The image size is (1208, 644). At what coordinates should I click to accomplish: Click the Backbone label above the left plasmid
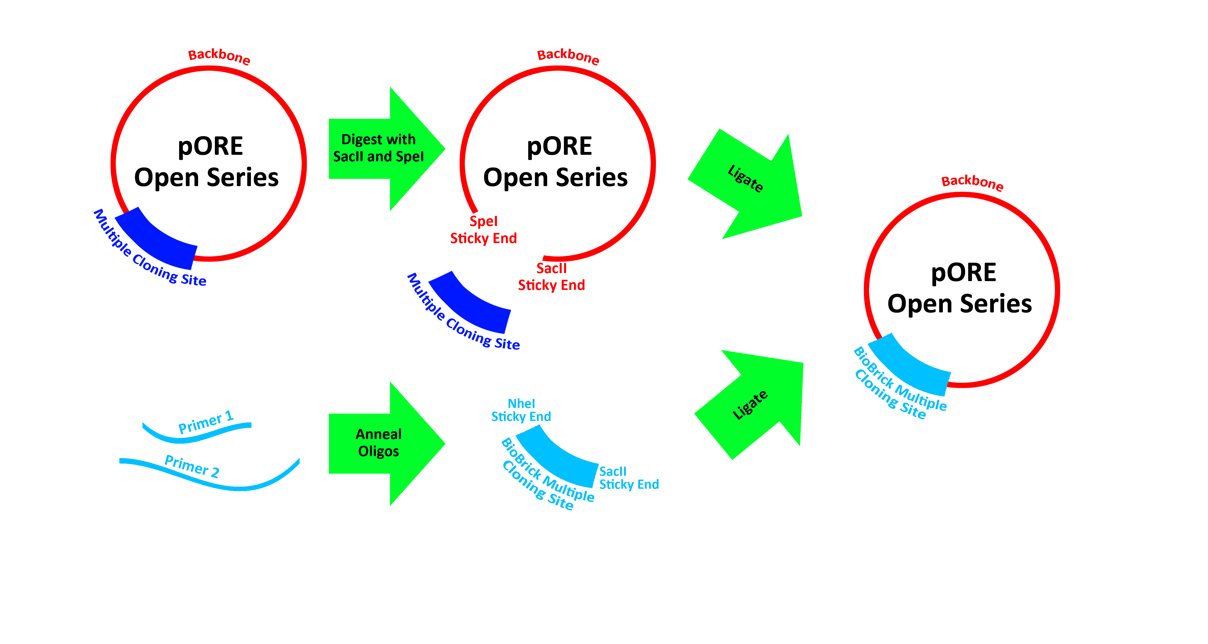tap(219, 56)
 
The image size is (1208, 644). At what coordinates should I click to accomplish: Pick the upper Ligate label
tap(745, 179)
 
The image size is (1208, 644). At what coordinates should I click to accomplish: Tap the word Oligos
tap(378, 451)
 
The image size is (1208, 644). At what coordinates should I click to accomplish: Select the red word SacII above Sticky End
tap(552, 269)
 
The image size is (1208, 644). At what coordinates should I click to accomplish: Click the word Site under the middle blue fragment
tap(507, 343)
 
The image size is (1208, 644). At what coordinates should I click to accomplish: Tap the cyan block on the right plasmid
tap(903, 375)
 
